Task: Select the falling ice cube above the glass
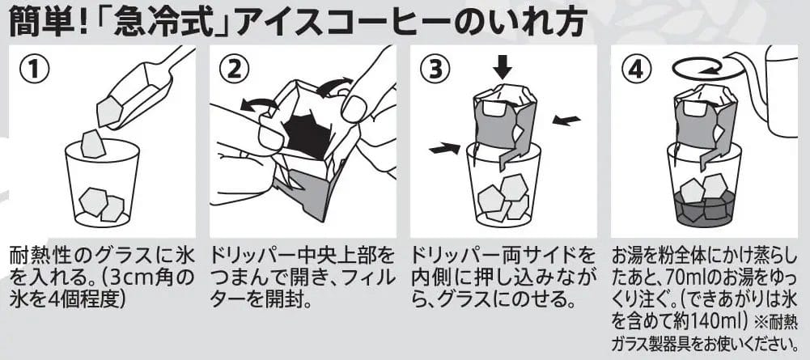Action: pos(93,143)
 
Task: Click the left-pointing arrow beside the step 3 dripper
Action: pos(566,121)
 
